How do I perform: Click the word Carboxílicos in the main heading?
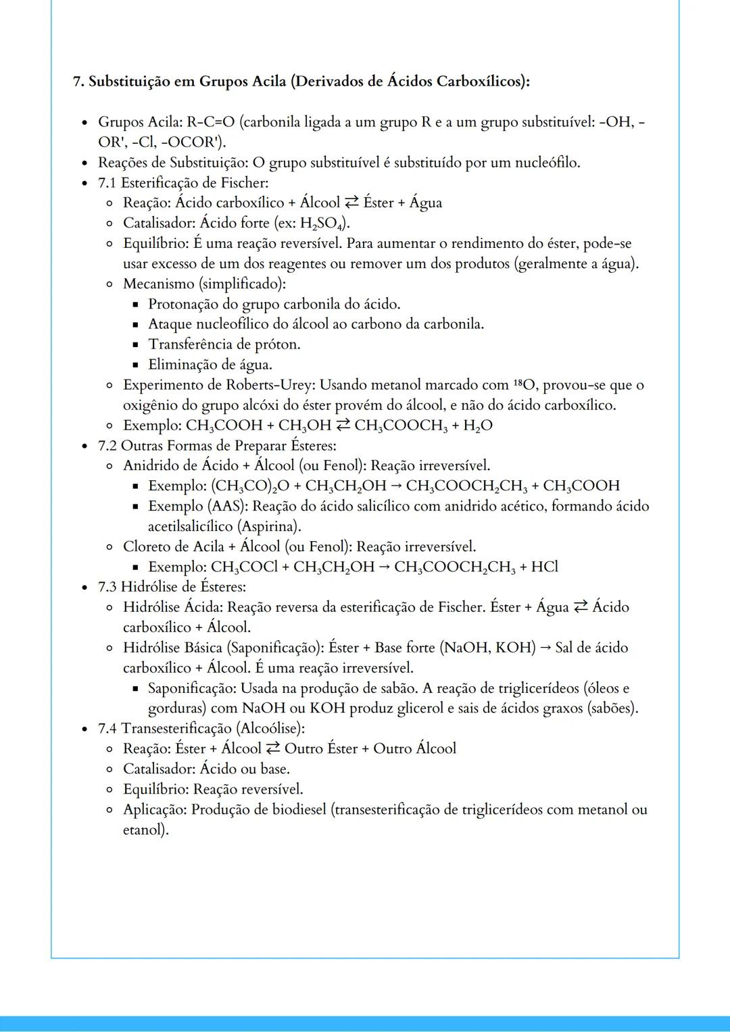tap(479, 82)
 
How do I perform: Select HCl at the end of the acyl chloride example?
tap(545, 567)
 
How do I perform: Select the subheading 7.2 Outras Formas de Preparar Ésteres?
tap(217, 446)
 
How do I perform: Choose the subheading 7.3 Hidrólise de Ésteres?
tap(172, 587)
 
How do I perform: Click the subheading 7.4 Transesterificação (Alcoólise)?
tap(201, 729)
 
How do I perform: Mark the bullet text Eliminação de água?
tap(210, 365)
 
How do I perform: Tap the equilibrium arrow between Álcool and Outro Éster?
tap(273, 749)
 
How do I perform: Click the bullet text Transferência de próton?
tap(224, 344)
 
